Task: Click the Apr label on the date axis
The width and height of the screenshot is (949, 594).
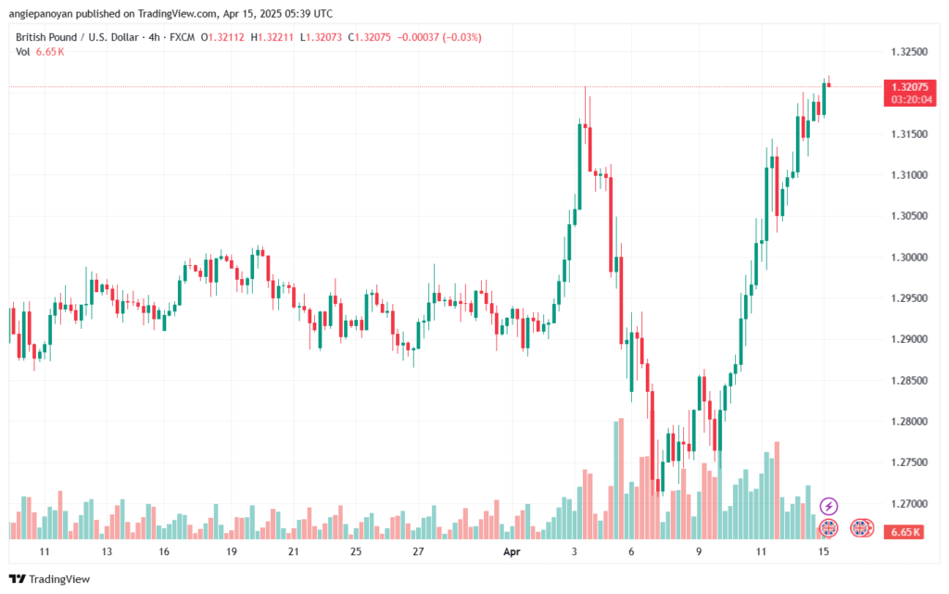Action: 511,551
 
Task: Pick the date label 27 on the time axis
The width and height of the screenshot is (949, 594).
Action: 418,551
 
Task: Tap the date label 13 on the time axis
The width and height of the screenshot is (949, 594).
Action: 107,551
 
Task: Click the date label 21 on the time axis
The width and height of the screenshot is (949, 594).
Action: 293,551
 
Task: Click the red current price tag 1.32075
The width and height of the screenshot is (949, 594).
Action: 908,86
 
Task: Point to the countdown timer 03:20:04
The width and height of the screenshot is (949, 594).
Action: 908,98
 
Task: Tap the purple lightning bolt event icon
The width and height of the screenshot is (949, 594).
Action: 829,506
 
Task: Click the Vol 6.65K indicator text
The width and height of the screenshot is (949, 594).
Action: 40,52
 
